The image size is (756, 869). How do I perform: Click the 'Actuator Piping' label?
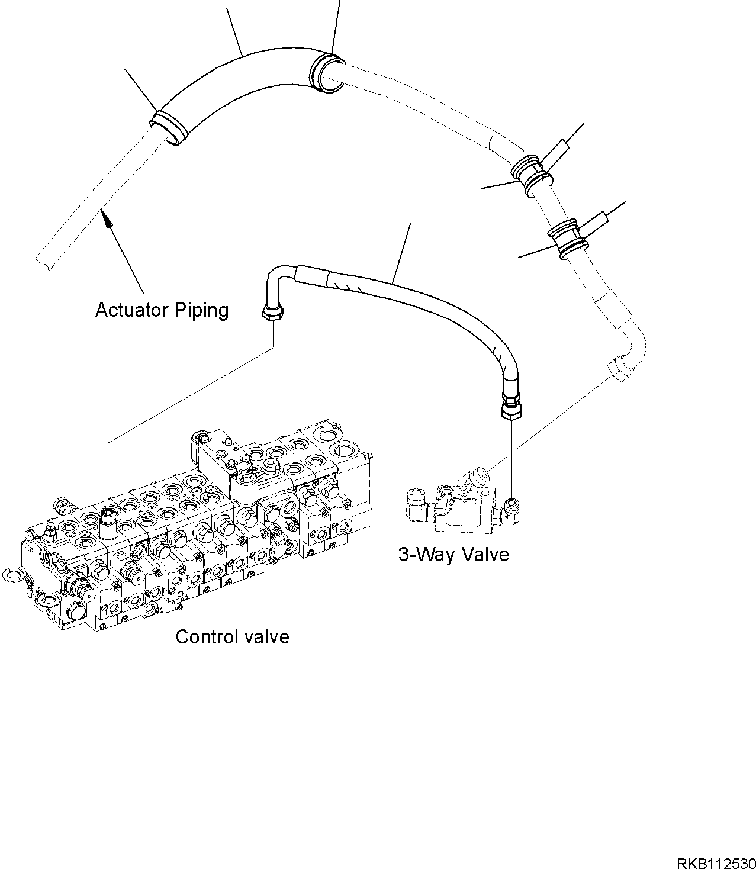click(162, 310)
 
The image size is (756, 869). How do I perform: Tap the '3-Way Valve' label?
click(453, 555)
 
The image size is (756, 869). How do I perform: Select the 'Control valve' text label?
click(232, 637)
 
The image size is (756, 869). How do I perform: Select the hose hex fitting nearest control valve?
click(272, 311)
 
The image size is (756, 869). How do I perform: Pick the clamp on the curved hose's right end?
click(326, 73)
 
